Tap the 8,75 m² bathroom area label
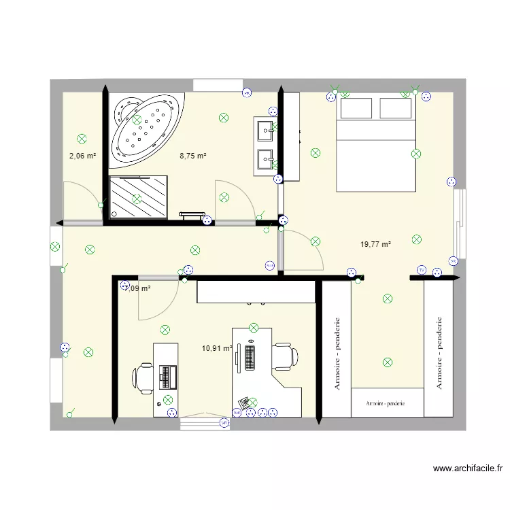[192, 156]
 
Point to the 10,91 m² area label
[217, 348]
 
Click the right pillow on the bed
[396, 109]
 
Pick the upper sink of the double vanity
[264, 128]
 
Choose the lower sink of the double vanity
[264, 160]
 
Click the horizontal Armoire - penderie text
[385, 403]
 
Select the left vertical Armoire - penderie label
[337, 354]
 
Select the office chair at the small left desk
[144, 377]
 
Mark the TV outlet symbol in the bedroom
[422, 271]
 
